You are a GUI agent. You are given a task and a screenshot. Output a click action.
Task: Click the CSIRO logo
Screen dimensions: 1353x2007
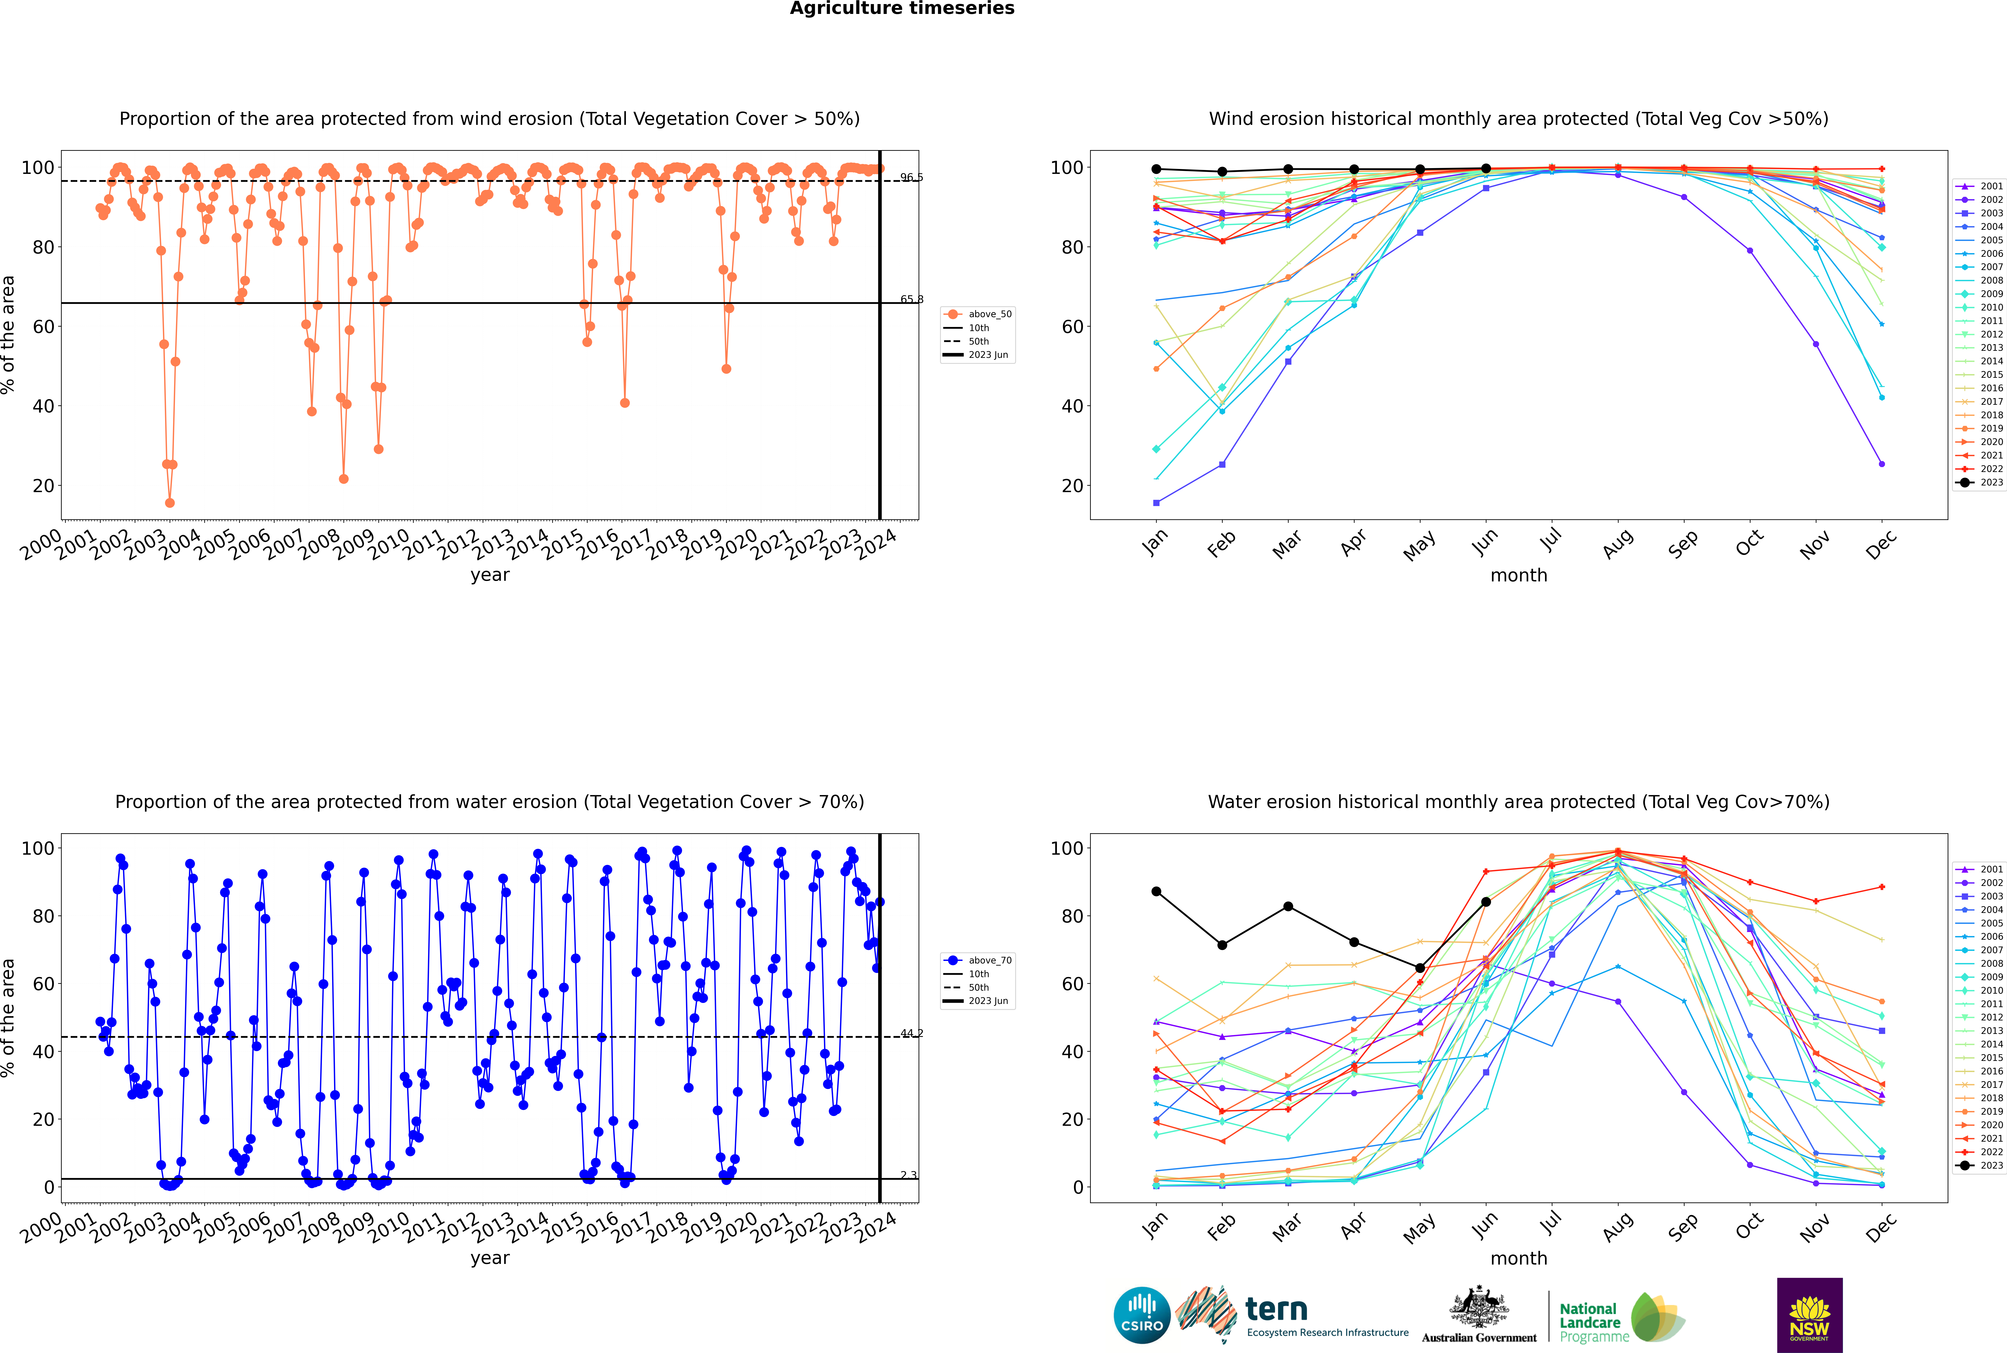1142,1315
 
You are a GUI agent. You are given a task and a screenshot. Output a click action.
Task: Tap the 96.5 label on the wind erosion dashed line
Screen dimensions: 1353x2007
911,178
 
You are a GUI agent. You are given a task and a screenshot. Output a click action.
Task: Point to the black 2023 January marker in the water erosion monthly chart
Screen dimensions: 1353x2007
1156,891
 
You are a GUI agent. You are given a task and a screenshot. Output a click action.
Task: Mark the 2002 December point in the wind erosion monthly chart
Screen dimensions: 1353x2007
1882,464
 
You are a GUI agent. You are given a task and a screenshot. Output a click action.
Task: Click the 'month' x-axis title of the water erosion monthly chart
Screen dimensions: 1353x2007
1519,1258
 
